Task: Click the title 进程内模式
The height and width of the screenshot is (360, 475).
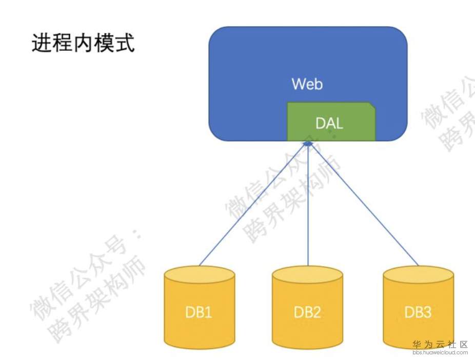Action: (83, 44)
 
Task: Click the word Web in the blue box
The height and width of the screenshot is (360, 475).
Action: (307, 84)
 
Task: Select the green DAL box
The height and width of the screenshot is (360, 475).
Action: (331, 122)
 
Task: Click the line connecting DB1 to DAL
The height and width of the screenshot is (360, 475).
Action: (251, 205)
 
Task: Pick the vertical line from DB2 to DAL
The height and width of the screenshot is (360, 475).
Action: (308, 205)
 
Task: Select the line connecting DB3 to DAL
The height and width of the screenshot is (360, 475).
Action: (364, 205)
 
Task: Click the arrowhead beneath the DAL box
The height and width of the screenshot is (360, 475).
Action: (308, 144)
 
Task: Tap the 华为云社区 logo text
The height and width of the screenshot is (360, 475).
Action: (440, 345)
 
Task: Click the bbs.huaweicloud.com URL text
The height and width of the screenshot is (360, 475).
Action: (440, 353)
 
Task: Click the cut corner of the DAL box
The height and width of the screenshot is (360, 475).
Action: (372, 106)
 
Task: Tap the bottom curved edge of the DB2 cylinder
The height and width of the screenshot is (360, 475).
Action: (307, 347)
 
